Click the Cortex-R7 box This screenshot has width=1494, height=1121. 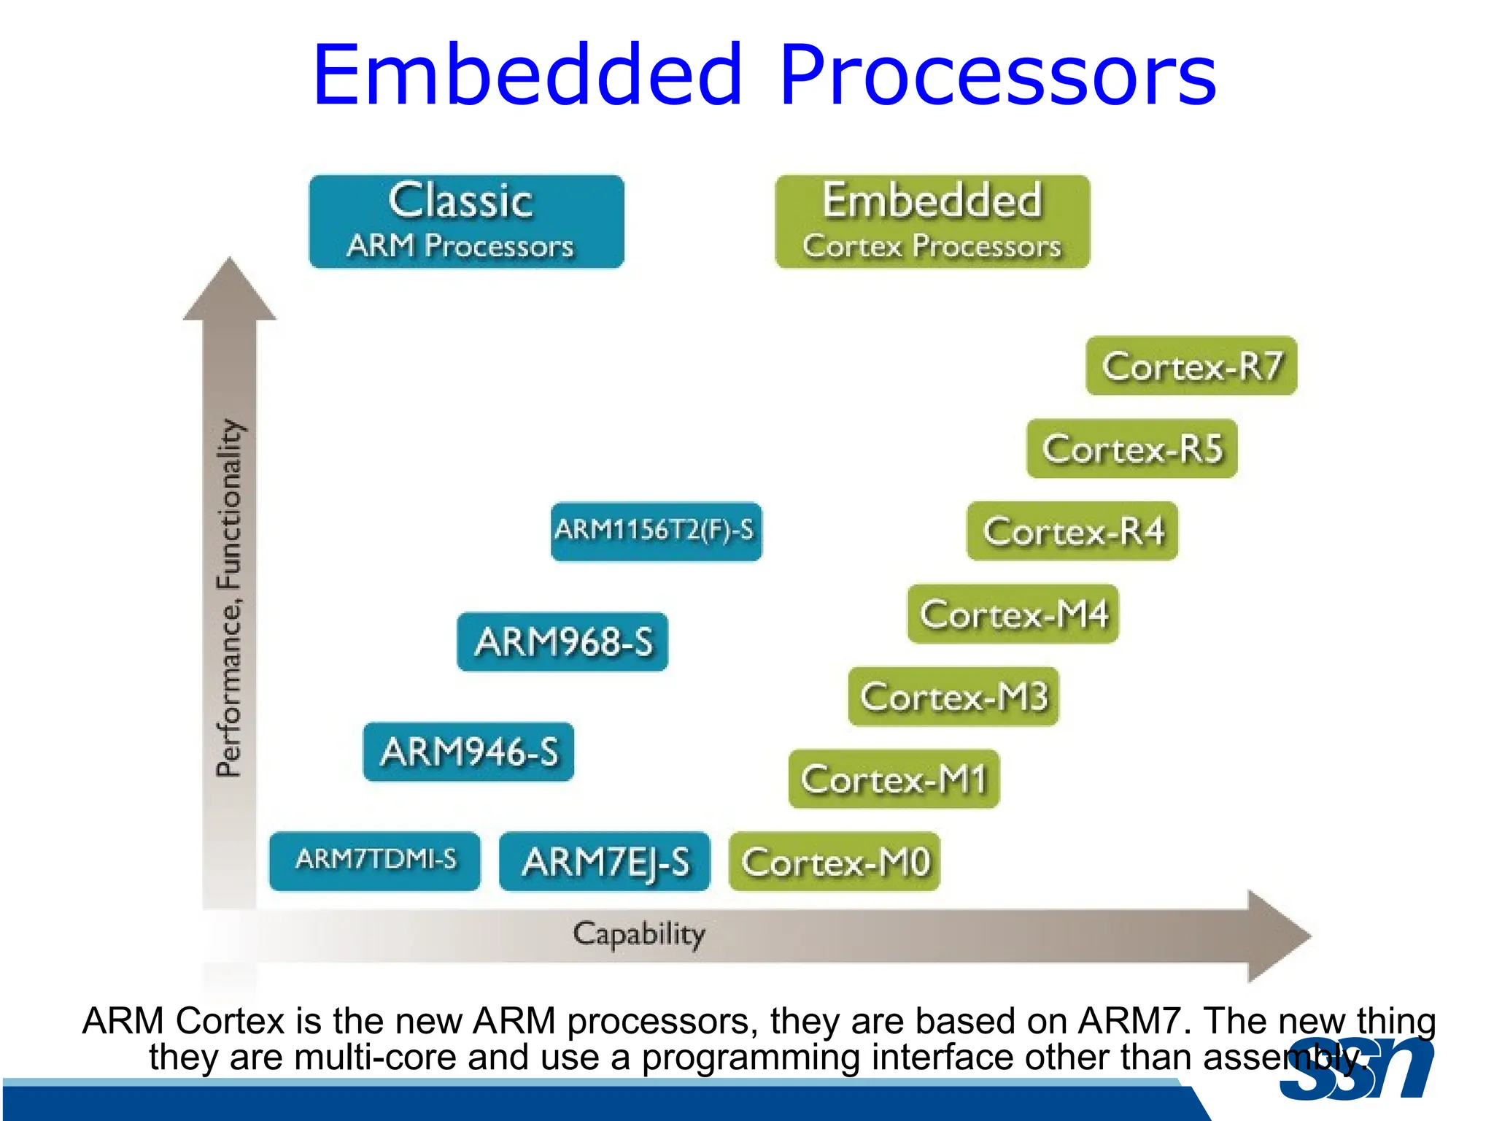coord(1191,366)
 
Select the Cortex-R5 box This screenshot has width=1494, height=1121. coord(1132,448)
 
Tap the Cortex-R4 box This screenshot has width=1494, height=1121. coord(1072,531)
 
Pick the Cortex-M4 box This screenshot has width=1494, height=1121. coord(1013,614)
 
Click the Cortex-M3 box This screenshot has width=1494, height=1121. coord(953,696)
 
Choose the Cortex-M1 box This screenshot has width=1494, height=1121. coord(894,779)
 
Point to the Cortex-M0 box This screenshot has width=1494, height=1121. coord(835,861)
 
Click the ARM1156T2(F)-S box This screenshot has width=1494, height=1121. coord(656,531)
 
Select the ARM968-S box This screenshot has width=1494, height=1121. coord(562,642)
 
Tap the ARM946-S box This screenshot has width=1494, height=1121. coord(468,752)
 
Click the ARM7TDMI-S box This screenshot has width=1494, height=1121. coord(375,861)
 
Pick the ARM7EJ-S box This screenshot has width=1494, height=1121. coord(605,861)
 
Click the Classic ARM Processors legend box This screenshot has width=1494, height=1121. coord(466,221)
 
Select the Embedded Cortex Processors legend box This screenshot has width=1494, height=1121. coord(932,221)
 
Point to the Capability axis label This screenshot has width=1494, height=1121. coord(639,935)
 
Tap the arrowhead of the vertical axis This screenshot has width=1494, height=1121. coord(230,292)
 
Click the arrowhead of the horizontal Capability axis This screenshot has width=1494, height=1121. coord(1277,936)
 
